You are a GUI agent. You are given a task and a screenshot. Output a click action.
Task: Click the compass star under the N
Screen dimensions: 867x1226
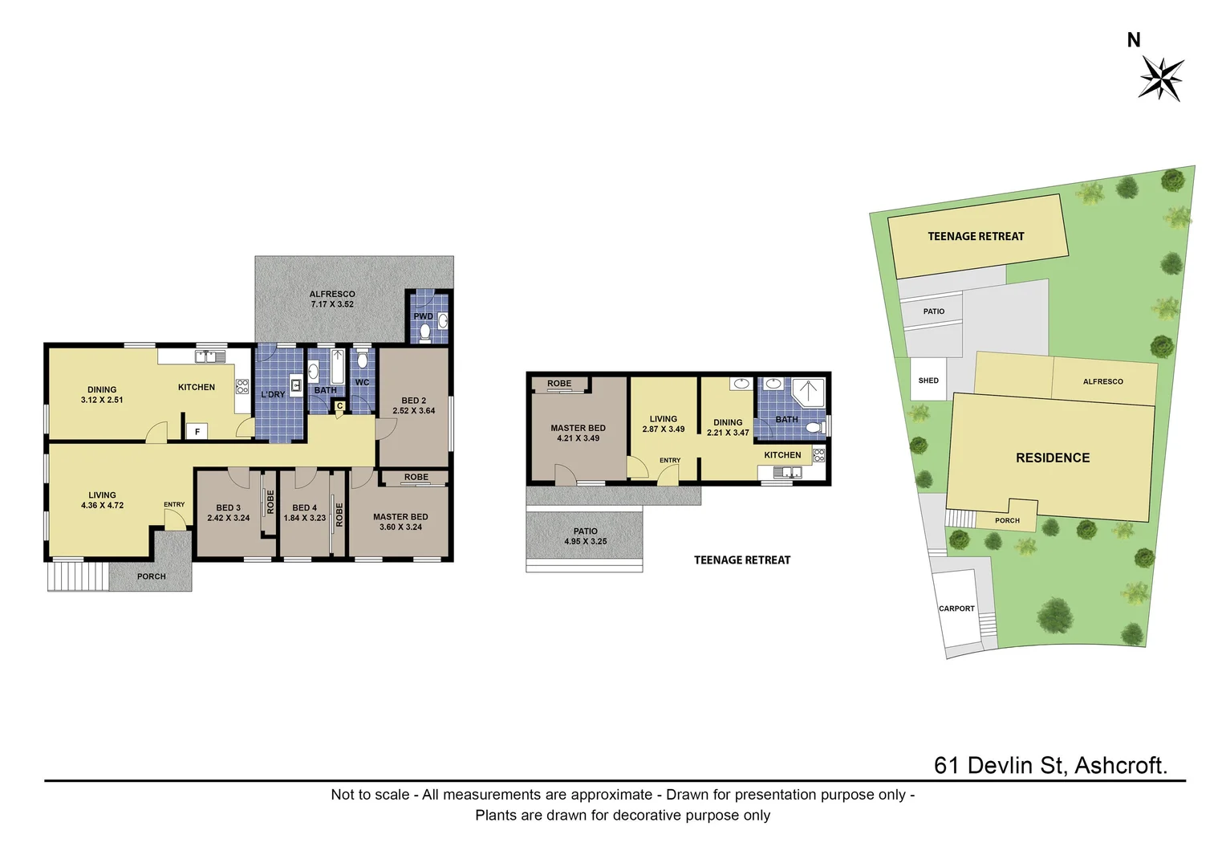(x=1161, y=78)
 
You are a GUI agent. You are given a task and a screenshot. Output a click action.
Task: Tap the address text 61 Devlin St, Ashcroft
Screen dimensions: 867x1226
(x=1049, y=765)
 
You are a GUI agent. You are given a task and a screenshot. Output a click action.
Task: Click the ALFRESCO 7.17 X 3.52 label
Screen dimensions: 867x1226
(x=332, y=299)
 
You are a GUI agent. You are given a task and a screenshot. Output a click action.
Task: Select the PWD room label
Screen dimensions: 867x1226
(x=423, y=316)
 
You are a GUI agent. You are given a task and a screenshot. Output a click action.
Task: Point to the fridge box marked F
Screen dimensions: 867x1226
(x=197, y=432)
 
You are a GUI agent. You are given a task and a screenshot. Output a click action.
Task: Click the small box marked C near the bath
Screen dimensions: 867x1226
(x=339, y=406)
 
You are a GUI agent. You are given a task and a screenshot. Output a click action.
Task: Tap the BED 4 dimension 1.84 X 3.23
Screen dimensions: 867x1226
(x=305, y=519)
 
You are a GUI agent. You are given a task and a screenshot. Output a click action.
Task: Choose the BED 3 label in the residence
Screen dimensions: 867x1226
(x=228, y=507)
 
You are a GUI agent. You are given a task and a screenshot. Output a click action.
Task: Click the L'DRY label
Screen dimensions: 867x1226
(x=273, y=394)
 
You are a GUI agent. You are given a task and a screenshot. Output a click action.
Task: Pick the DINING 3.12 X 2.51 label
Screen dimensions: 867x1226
(x=102, y=395)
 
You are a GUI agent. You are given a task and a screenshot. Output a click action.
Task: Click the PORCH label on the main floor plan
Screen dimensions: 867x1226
(x=151, y=576)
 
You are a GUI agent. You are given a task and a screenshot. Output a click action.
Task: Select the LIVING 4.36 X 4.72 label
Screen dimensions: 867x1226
(x=102, y=500)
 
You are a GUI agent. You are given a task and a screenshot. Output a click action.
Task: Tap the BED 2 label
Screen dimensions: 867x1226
(x=413, y=401)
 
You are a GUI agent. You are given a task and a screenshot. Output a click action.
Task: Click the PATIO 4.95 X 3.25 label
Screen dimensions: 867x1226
(x=585, y=536)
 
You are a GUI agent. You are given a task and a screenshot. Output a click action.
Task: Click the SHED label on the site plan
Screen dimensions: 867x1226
(x=928, y=381)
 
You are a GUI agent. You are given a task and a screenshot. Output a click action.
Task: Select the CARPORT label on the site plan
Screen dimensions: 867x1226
(x=956, y=609)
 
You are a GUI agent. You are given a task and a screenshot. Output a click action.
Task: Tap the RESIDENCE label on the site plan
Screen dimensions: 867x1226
(x=1053, y=458)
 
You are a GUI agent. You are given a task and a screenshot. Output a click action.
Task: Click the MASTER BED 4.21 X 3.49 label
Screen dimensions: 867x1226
(x=578, y=433)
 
